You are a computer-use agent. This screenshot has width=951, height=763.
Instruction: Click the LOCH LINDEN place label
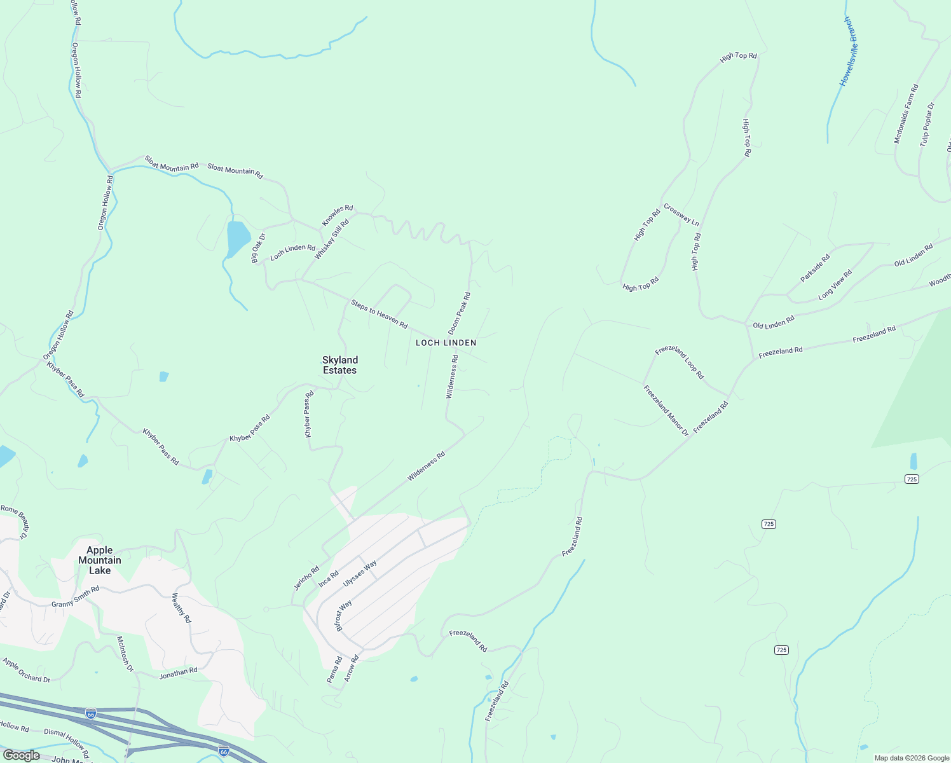tap(446, 343)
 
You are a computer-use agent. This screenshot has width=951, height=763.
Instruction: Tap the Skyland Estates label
tap(339, 365)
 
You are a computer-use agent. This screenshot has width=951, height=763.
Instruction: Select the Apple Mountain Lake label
tap(99, 560)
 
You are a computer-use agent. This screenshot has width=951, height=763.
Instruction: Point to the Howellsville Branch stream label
tap(849, 52)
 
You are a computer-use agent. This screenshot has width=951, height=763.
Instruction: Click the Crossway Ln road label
tap(681, 214)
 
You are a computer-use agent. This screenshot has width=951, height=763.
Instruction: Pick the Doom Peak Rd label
tap(459, 313)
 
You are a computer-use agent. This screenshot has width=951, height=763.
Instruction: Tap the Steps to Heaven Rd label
tap(379, 313)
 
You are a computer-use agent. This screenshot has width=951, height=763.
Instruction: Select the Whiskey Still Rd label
tap(332, 239)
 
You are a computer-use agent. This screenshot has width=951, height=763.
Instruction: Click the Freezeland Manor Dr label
tap(666, 411)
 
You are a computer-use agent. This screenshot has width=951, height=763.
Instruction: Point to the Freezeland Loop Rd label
tap(680, 362)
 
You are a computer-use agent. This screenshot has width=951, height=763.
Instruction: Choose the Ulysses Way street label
tap(360, 574)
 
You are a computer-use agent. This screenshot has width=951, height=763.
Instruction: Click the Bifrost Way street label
tap(343, 614)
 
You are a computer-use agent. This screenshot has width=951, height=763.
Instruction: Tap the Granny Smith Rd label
tap(75, 596)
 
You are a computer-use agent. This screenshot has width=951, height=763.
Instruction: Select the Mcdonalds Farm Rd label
tap(906, 114)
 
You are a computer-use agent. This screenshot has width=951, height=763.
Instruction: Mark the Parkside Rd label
tap(815, 268)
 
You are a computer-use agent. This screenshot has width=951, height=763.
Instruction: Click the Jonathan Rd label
tap(178, 673)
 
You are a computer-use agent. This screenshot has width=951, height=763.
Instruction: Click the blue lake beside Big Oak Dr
tap(237, 238)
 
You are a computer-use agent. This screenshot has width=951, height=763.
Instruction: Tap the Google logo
tap(21, 755)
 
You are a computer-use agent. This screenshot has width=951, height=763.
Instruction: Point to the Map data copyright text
tap(910, 758)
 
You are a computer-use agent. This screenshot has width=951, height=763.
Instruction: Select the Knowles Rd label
tap(337, 215)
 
